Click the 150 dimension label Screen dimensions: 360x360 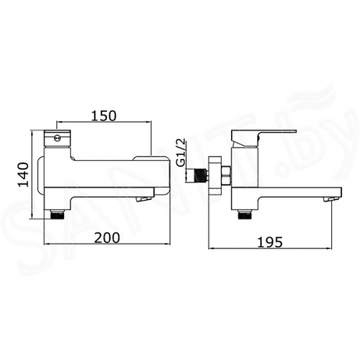104,116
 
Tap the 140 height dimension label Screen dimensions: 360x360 24,175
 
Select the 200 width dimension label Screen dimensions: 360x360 107,237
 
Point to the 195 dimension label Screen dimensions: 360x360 270,242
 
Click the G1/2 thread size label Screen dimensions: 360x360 181,152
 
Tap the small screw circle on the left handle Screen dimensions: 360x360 57,139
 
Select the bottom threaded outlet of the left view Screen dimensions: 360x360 57,214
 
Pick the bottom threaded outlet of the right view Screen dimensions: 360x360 245,214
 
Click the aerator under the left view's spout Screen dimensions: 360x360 144,198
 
